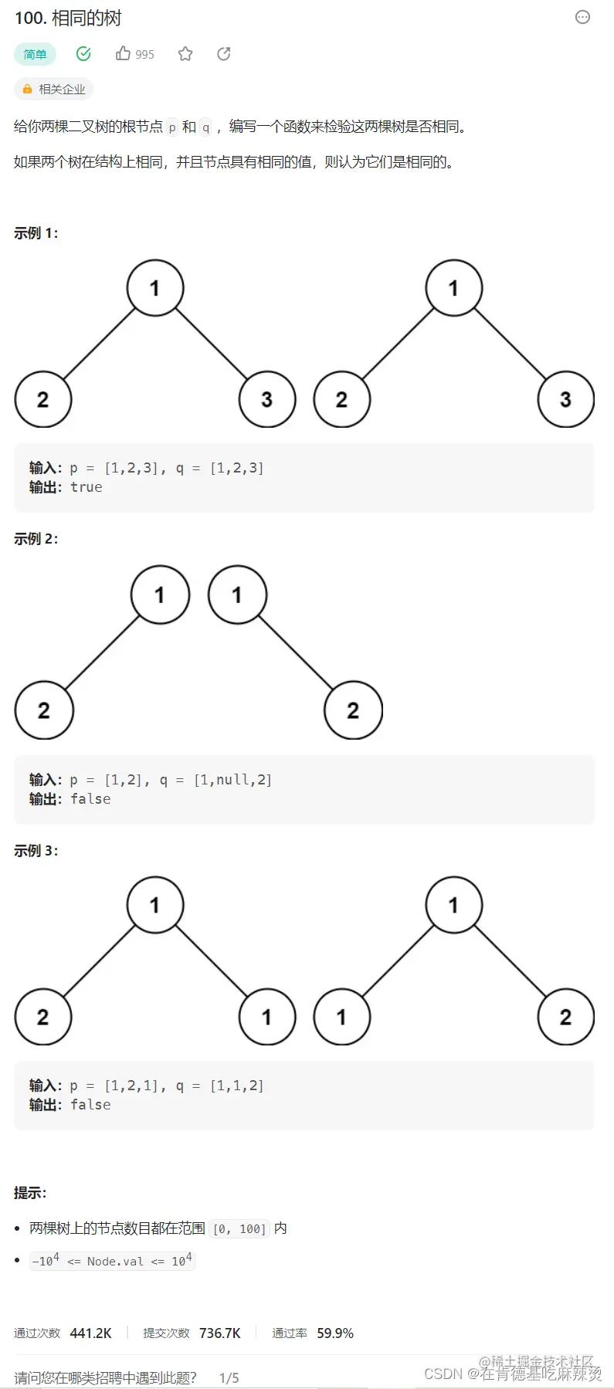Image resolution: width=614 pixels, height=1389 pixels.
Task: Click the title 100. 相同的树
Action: [68, 19]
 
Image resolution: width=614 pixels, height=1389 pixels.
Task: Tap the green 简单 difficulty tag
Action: [35, 54]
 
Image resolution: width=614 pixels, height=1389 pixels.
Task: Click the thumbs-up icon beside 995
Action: [123, 53]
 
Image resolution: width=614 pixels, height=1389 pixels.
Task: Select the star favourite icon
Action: [185, 53]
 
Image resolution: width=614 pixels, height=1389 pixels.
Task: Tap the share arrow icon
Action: [224, 53]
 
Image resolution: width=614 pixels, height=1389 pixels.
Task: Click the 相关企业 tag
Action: [54, 90]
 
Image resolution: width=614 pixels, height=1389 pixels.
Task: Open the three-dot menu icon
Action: [583, 17]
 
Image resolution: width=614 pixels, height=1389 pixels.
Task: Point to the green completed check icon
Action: [83, 53]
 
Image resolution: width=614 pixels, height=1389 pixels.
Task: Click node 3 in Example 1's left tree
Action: [267, 399]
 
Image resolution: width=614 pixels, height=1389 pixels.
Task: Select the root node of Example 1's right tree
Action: [453, 288]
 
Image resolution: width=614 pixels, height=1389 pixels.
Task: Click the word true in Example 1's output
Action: [87, 487]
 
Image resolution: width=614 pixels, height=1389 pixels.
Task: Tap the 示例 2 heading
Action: [36, 539]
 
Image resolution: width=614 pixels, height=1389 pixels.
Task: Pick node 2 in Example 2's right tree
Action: [353, 710]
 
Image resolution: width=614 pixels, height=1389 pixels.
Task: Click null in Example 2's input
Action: [232, 780]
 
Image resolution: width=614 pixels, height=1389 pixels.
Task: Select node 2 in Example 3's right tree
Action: [565, 1017]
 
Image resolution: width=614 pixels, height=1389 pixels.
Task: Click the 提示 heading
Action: [30, 1193]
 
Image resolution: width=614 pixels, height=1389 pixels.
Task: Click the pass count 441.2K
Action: [90, 1333]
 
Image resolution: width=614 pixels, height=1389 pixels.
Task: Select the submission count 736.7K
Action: [220, 1333]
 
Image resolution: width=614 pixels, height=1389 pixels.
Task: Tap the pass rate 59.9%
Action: [335, 1333]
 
